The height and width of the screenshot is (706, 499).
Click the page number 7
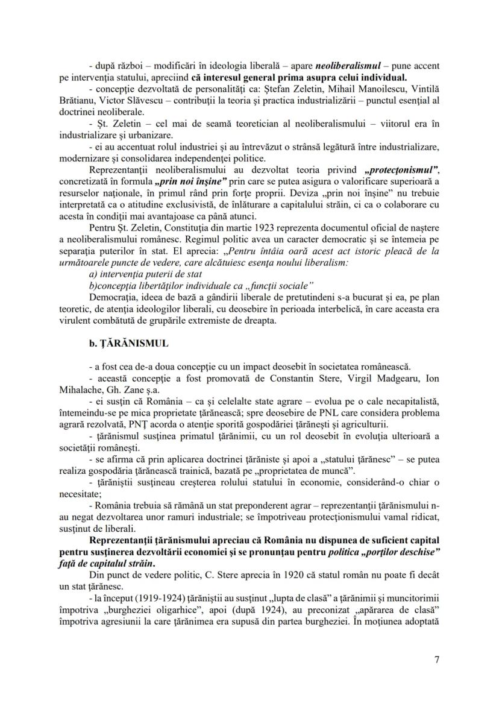tap(436, 660)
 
